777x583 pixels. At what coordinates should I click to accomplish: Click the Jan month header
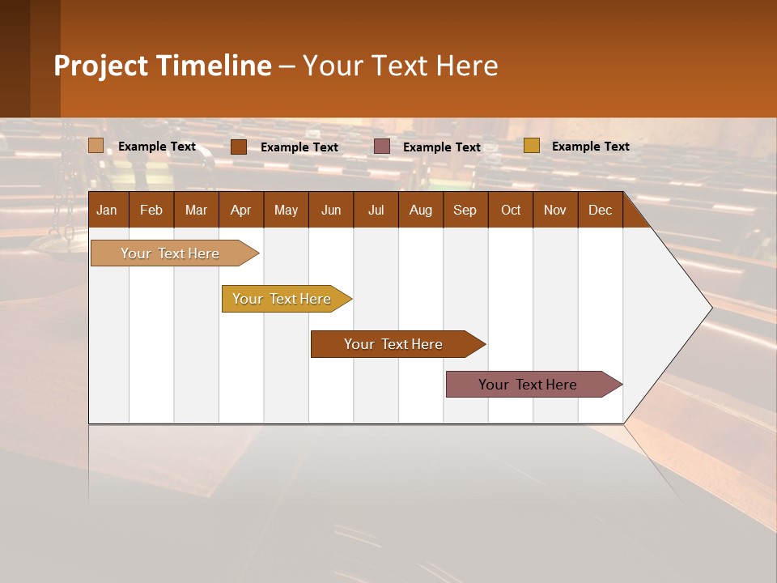(x=107, y=210)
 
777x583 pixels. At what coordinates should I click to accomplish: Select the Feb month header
(x=151, y=210)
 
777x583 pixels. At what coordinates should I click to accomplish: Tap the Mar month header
(x=196, y=210)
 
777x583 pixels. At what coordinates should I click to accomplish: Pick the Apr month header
(x=240, y=210)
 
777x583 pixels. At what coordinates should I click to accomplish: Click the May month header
(x=286, y=210)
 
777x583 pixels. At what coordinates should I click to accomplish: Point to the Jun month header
(x=331, y=210)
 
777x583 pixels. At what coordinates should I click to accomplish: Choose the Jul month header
(x=376, y=210)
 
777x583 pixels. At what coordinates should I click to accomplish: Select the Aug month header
(x=420, y=210)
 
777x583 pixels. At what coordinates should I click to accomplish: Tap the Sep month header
(x=465, y=210)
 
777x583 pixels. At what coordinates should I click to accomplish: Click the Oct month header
(x=511, y=210)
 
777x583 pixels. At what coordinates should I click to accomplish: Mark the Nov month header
(x=555, y=210)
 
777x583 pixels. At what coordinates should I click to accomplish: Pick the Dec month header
(x=600, y=210)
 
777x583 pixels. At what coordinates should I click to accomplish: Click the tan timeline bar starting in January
(x=171, y=253)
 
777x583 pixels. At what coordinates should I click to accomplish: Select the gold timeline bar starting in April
(x=282, y=299)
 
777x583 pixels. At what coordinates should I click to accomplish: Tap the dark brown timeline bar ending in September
(x=394, y=344)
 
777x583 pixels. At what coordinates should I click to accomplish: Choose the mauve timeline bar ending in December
(x=529, y=385)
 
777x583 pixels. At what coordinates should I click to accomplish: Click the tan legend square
(x=96, y=146)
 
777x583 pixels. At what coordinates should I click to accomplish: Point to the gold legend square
(x=531, y=146)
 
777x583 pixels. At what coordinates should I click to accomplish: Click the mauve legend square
(x=382, y=147)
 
